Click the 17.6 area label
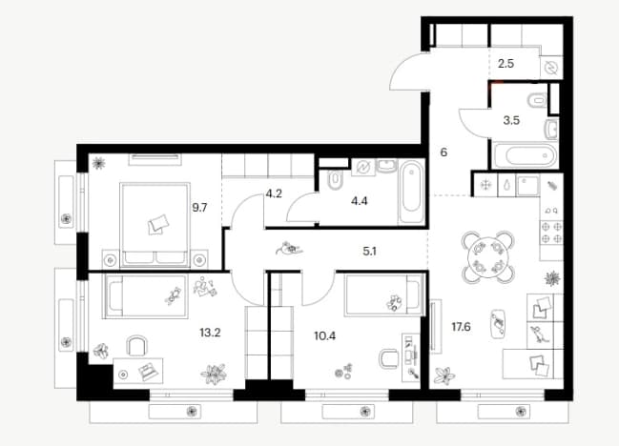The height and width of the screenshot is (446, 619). click(x=461, y=327)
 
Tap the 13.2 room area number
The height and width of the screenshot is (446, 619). click(x=210, y=333)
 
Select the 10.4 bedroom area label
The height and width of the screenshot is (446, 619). click(x=324, y=336)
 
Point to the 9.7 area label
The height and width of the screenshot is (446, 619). click(x=199, y=208)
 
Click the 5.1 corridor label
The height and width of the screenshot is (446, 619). click(x=369, y=252)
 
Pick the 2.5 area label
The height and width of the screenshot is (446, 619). click(x=506, y=64)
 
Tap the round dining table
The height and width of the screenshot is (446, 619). click(x=488, y=257)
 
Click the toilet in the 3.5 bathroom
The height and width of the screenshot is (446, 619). click(x=537, y=100)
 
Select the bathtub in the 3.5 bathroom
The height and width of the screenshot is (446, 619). click(x=526, y=155)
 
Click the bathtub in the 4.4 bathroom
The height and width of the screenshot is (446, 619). click(x=411, y=193)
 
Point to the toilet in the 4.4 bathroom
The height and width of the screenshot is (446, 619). click(x=335, y=181)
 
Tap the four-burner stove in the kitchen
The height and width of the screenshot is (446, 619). click(x=551, y=233)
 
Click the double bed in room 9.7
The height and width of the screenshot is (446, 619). click(x=155, y=224)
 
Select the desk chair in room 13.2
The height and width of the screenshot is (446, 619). click(x=136, y=346)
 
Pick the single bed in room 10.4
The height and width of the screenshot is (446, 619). click(x=384, y=295)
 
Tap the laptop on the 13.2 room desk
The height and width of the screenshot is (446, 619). click(x=148, y=372)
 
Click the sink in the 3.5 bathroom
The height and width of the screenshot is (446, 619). click(x=551, y=129)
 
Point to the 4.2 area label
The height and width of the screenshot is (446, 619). click(x=274, y=194)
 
